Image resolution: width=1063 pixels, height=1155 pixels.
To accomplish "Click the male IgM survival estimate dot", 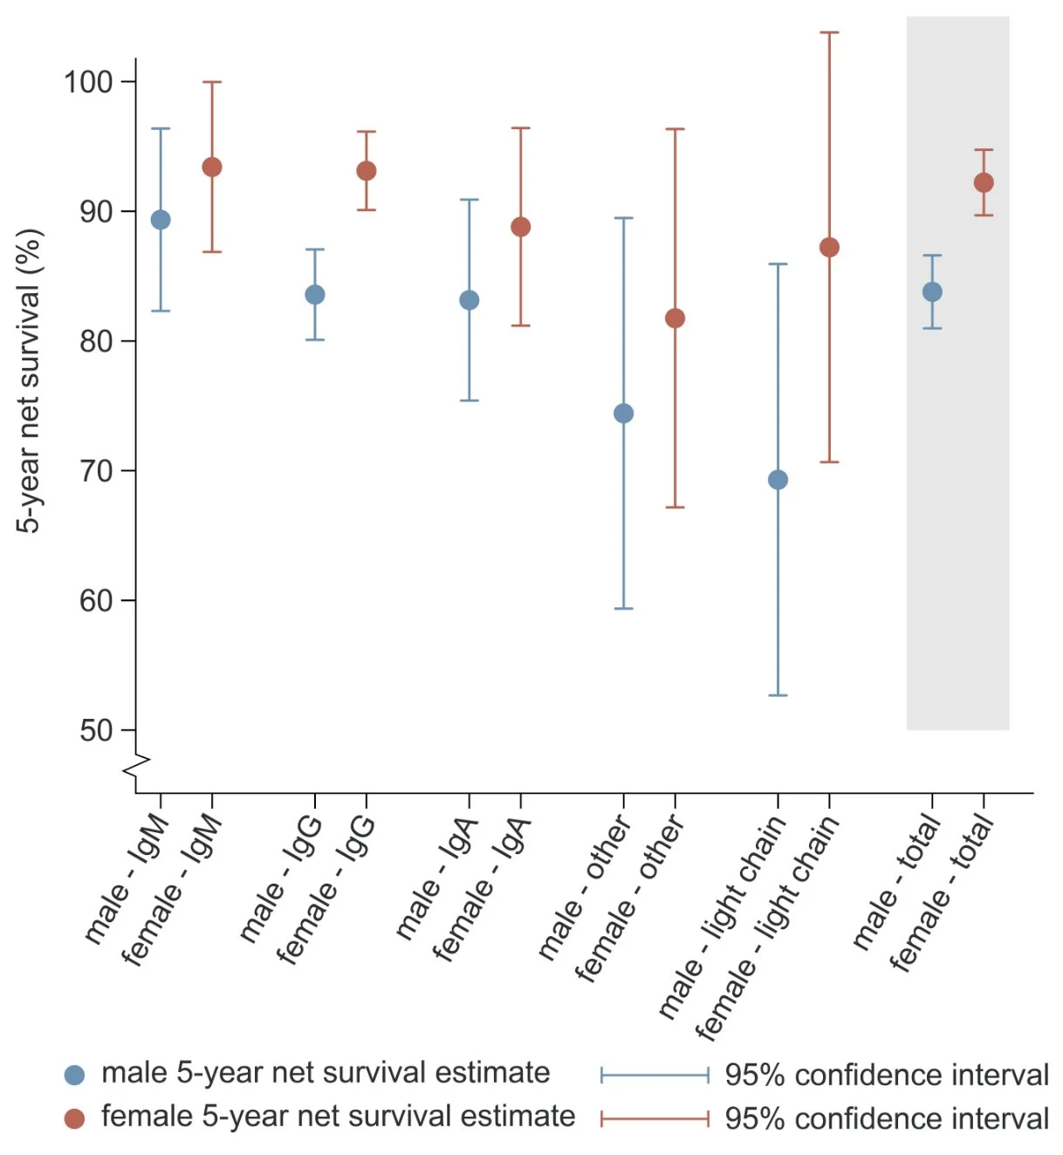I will (x=161, y=220).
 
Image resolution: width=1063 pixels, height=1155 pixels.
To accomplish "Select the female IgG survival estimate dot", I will (x=367, y=171).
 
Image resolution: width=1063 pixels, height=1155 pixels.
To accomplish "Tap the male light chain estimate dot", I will (x=778, y=480).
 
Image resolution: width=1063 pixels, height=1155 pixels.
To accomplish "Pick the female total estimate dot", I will (x=984, y=182).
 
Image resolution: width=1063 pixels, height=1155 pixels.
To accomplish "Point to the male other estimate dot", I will (x=623, y=413).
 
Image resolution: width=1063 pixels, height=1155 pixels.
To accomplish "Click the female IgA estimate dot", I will (x=520, y=227).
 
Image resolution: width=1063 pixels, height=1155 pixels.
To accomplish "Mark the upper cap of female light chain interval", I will (x=829, y=33).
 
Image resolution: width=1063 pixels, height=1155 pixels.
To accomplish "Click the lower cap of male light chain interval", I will (x=778, y=695).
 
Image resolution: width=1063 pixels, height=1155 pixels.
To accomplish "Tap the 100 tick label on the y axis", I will (x=88, y=82).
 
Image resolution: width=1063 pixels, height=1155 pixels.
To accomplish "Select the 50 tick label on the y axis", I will (x=96, y=730).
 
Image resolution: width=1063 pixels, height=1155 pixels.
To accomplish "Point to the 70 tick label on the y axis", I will (x=96, y=471).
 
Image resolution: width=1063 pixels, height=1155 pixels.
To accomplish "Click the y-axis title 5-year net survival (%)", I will (x=29, y=380).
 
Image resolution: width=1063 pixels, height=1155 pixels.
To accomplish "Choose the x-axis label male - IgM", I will (x=126, y=879).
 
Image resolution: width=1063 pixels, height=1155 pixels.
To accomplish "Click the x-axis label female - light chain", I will (x=767, y=928).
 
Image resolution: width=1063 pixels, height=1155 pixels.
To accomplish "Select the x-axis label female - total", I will (x=942, y=893).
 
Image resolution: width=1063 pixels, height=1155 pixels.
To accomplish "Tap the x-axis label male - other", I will (x=584, y=888).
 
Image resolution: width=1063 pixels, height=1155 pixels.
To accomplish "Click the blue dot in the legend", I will (x=75, y=1075).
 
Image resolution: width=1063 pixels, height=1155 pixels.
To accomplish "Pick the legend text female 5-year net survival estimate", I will (x=338, y=1117).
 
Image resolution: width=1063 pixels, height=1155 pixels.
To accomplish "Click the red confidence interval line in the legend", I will (x=655, y=1118).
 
